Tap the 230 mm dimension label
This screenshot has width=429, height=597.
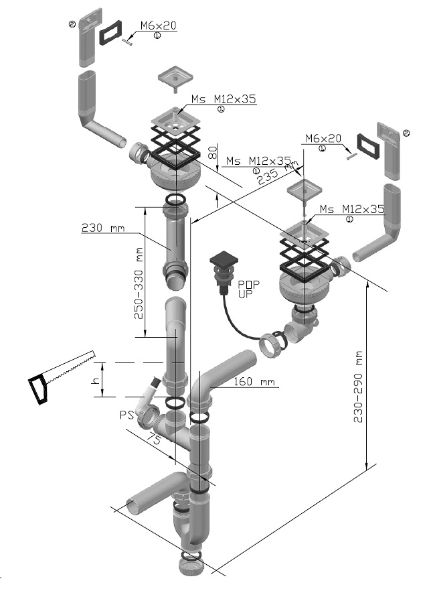[103, 228]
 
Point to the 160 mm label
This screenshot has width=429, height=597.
[254, 382]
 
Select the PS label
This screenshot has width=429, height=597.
[127, 415]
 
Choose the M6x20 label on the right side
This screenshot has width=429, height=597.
[323, 139]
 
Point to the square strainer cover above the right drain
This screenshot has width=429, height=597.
[304, 190]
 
